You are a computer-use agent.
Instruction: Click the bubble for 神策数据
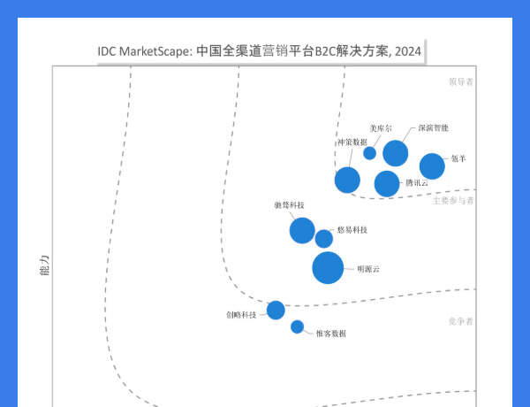[x=347, y=180]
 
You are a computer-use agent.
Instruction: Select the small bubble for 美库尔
[x=369, y=153]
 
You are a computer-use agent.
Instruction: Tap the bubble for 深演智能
[x=395, y=153]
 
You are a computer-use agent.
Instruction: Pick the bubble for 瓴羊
[x=431, y=166]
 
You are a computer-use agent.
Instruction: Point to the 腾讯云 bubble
[x=387, y=183]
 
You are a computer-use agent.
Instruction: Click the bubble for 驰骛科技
[x=302, y=230]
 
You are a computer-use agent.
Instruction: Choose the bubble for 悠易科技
[x=324, y=239]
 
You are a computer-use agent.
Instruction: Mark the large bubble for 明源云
[x=328, y=267]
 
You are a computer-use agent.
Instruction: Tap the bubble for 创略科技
[x=276, y=310]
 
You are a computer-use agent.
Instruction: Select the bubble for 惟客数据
[x=297, y=326]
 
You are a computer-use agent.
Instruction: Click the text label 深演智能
[x=433, y=128]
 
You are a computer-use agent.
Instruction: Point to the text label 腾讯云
[x=417, y=183]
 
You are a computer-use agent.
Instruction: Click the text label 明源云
[x=367, y=267]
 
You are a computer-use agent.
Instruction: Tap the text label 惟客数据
[x=330, y=334]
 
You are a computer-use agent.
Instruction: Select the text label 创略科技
[x=241, y=315]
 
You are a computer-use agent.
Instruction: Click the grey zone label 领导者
[x=460, y=82]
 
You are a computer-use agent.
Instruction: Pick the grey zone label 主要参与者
[x=453, y=201]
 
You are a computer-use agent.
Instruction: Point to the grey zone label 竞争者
[x=460, y=320]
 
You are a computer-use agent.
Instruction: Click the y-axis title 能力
[x=43, y=265]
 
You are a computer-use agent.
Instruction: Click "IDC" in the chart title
[x=108, y=50]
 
